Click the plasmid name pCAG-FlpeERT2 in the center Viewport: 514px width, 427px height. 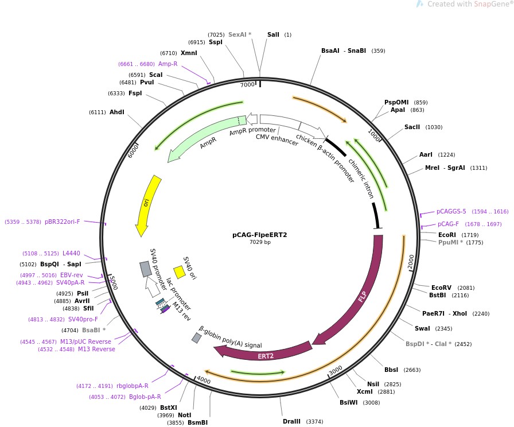pos(259,235)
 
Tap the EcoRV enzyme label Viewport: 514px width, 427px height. pos(441,288)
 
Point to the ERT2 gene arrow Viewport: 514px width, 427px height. pos(265,355)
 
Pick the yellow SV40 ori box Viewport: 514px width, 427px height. pos(179,272)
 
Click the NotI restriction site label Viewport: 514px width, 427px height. pos(184,415)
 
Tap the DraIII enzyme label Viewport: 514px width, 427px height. pos(291,421)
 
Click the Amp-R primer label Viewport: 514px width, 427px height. pos(168,64)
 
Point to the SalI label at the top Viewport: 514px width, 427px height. pos(273,34)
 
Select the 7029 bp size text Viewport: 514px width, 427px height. pos(259,242)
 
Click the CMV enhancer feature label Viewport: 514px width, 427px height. pos(277,139)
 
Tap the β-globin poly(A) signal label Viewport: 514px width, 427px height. pos(230,338)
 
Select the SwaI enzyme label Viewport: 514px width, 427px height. pos(422,328)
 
